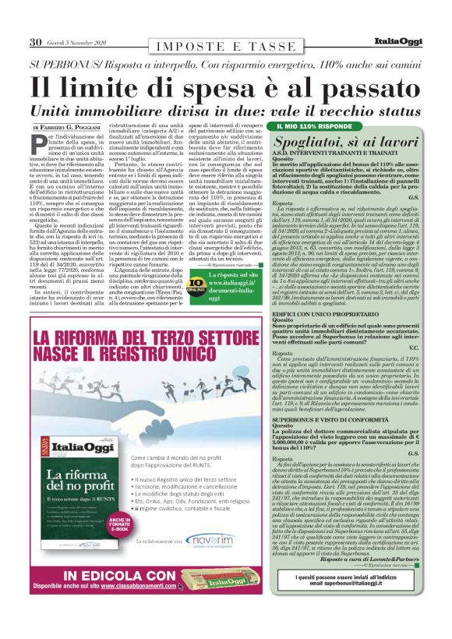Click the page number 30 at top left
pyautogui.click(x=35, y=41)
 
